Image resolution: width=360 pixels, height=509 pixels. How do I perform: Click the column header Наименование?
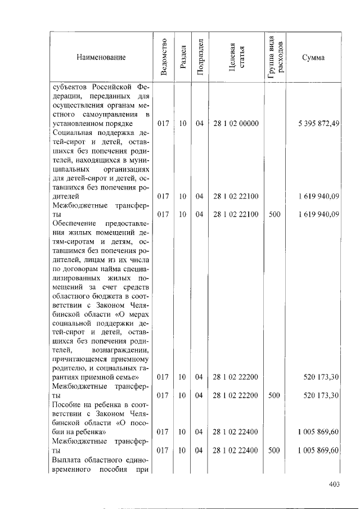[101, 57]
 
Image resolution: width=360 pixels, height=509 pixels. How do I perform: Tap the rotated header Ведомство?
[164, 57]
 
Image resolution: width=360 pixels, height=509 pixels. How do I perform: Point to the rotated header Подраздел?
[199, 57]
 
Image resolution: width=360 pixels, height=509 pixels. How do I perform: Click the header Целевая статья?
[236, 57]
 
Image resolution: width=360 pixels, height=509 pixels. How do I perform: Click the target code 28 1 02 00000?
[236, 123]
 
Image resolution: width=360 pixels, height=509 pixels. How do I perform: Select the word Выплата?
[66, 459]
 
